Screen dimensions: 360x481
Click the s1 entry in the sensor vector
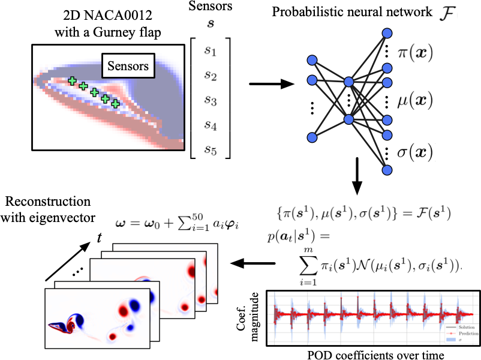pyautogui.click(x=209, y=53)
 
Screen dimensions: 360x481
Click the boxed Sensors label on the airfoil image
pyautogui.click(x=129, y=65)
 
